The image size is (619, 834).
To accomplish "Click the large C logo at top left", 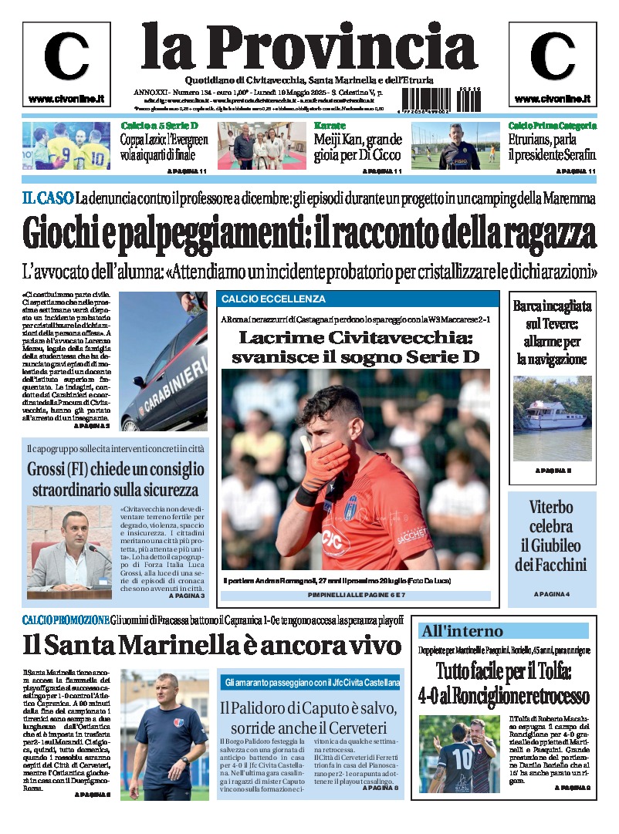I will [x=66, y=57].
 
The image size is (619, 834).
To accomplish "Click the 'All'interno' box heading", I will [x=462, y=631].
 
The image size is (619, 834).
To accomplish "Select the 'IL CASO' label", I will [x=48, y=198].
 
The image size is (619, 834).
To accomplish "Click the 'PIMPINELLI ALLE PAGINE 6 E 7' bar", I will [x=356, y=596].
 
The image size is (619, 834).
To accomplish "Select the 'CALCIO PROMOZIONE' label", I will [x=66, y=620].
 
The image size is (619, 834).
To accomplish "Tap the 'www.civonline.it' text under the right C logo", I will [x=553, y=99].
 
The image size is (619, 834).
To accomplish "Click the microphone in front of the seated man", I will [x=96, y=549].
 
